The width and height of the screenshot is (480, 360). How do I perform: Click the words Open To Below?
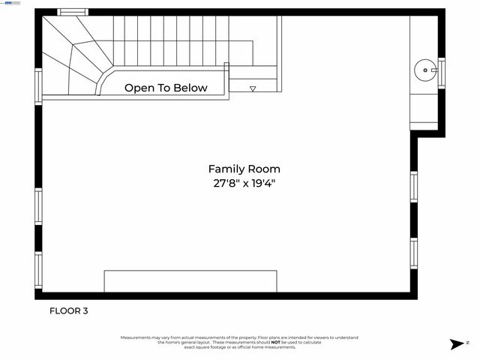[166, 88]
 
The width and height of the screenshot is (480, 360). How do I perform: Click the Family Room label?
[244, 169]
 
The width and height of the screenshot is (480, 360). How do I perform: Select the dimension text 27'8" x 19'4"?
[244, 183]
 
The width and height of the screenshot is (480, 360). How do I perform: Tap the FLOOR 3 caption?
[69, 310]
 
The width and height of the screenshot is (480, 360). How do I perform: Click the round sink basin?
[425, 71]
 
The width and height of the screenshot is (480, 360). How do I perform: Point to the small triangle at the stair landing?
[253, 88]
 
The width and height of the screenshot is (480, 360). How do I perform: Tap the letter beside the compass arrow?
[468, 342]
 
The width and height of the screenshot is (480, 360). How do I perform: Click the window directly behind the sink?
[442, 72]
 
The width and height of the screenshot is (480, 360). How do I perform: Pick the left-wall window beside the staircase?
[38, 85]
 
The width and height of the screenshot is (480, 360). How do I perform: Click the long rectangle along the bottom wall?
[190, 281]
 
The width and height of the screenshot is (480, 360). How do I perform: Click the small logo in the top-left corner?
[13, 3]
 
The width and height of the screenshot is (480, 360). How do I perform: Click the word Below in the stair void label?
[190, 88]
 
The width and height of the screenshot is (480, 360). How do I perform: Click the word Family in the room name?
[225, 169]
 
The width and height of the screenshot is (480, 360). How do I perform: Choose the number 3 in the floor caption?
[85, 310]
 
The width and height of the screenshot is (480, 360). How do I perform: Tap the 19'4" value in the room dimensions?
[265, 183]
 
